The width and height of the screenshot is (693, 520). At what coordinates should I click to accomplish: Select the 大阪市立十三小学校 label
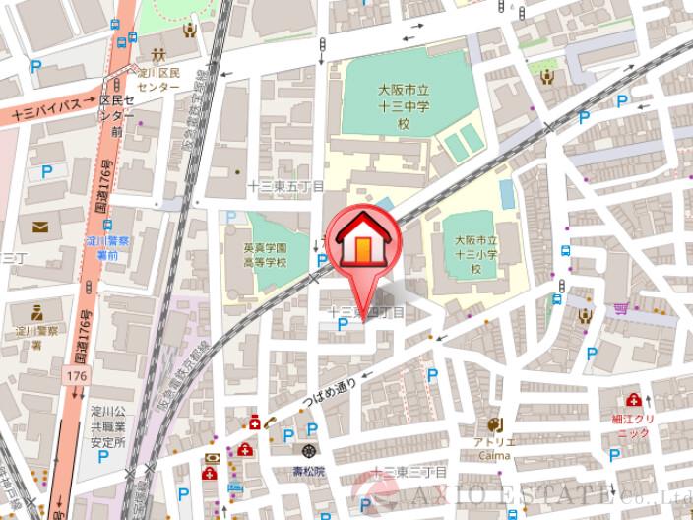click(475, 254)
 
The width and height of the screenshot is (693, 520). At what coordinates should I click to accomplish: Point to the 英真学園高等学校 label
click(266, 255)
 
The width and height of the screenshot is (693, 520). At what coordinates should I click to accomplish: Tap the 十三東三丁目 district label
click(409, 474)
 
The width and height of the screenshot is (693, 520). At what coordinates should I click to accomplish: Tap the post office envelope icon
click(40, 227)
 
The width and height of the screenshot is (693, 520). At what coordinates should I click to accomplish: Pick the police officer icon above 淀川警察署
click(36, 312)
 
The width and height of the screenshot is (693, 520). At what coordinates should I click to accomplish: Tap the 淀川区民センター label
click(157, 79)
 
